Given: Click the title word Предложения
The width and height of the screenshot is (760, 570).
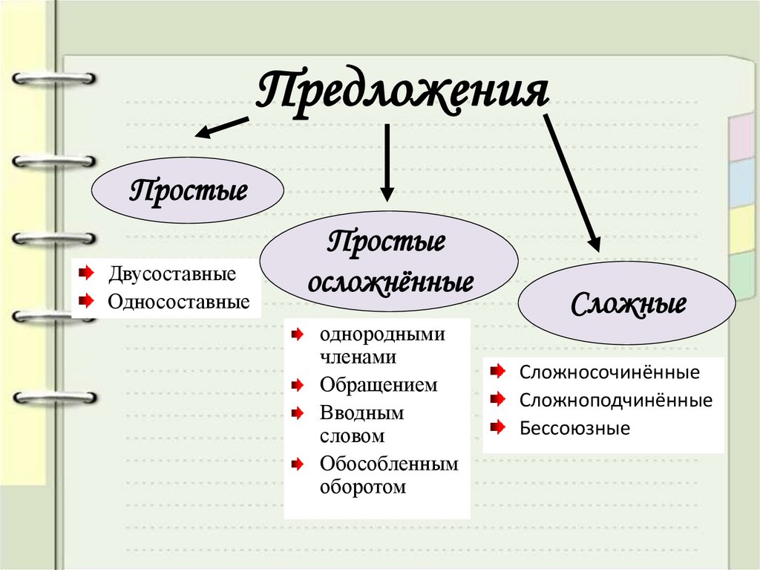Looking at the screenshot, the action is point(402,93).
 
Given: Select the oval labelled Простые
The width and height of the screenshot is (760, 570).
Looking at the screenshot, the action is point(188,190).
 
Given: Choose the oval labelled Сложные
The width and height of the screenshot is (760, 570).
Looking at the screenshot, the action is point(627,304).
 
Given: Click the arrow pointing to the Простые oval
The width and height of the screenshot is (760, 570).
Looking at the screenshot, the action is point(222,126).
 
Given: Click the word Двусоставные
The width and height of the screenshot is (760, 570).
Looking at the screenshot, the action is point(171,273).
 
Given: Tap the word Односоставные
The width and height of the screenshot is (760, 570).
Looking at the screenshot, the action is point(178,302).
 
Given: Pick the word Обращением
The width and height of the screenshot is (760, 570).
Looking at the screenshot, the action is point(379,385).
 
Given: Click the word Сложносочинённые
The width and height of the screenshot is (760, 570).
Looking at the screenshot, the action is point(609,371).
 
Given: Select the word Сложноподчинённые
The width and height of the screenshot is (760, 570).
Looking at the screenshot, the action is point(616,401).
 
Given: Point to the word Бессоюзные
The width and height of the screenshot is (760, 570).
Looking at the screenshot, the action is point(574,428).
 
